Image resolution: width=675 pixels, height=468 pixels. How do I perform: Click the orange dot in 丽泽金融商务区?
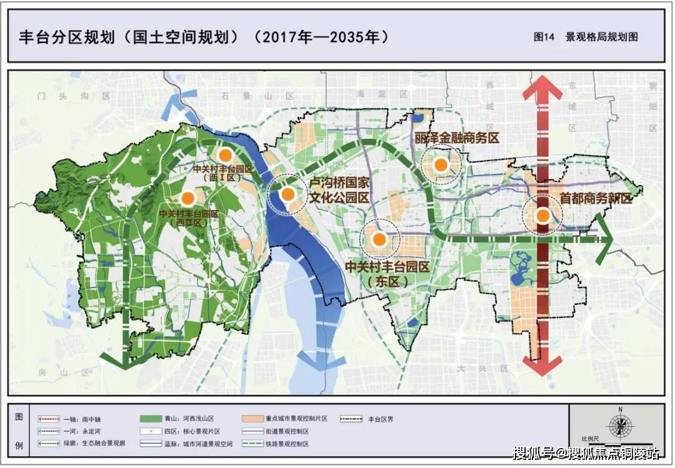(x=441, y=165)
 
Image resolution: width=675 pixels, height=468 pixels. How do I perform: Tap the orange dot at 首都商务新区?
(x=542, y=216)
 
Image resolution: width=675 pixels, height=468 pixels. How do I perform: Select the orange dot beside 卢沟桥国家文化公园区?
(x=287, y=194)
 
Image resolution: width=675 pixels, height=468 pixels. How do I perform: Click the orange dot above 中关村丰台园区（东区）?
(x=379, y=239)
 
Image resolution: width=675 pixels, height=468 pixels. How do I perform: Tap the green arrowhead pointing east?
(x=604, y=238)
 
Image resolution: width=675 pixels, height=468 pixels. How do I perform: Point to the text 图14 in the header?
(x=544, y=37)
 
